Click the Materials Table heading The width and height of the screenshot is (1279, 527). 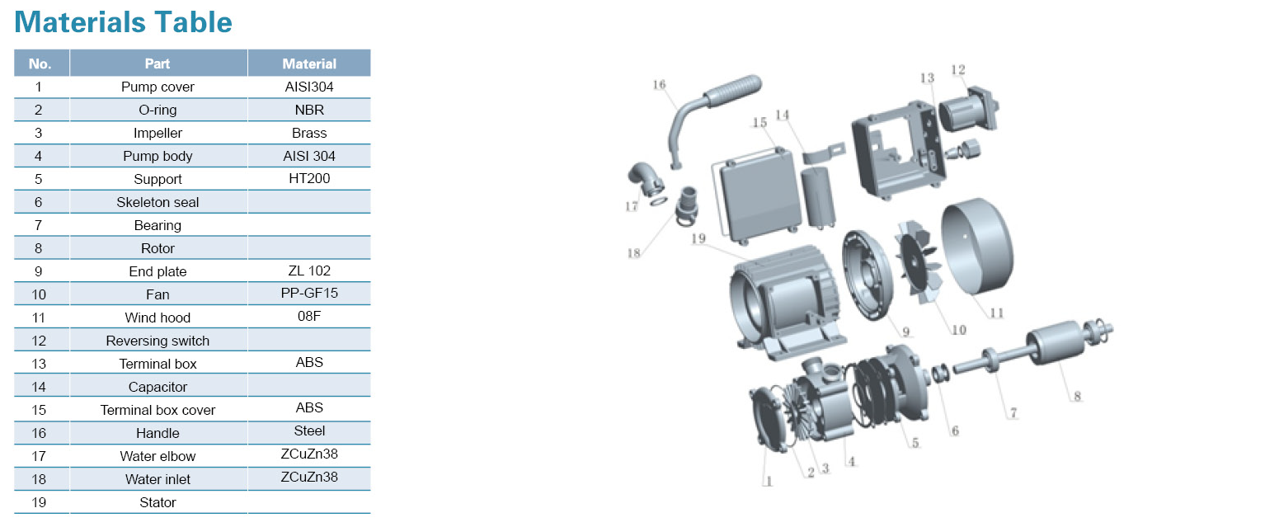(x=123, y=23)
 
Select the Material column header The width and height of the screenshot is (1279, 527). (x=309, y=64)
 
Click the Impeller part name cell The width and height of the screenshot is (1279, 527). (x=158, y=133)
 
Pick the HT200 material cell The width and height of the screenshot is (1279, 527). (x=309, y=178)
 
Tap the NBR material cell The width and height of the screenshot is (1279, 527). (x=309, y=110)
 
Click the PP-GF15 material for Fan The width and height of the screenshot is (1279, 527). (x=309, y=293)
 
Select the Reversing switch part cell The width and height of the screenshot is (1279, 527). (x=158, y=341)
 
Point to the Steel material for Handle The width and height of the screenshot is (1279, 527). (x=309, y=431)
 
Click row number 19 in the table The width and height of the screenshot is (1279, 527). (x=38, y=502)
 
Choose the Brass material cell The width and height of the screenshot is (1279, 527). (x=309, y=133)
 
